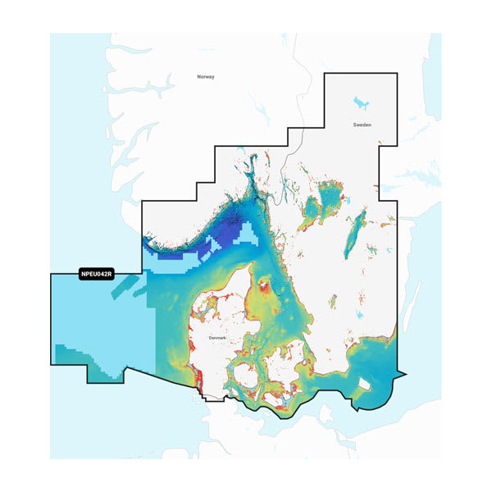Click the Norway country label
pos(205,76)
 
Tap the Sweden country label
pos(362,125)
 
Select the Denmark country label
pos(217,338)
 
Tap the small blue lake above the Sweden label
pos(359,103)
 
